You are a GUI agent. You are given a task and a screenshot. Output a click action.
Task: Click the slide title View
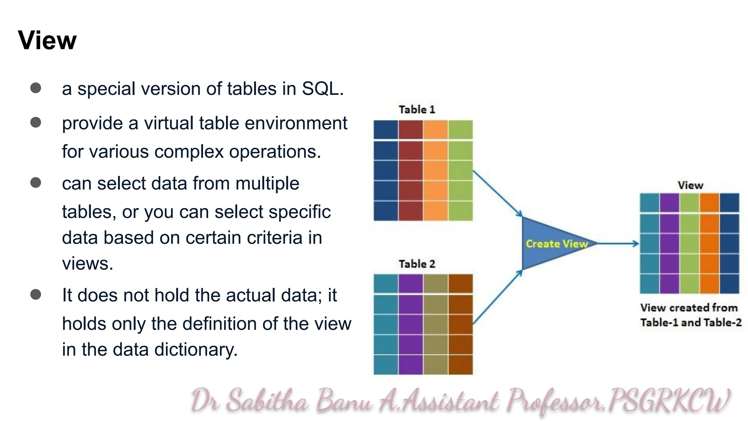point(47,40)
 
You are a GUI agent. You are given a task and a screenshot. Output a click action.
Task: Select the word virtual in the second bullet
point(169,123)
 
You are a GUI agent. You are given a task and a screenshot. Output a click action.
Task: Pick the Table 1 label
point(417,110)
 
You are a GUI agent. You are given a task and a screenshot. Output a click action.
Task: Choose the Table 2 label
point(417,264)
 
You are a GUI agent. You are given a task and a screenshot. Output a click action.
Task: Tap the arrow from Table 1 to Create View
point(497,194)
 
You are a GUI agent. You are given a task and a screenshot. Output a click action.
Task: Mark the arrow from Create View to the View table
point(618,243)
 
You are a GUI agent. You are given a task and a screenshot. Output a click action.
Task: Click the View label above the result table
point(690,185)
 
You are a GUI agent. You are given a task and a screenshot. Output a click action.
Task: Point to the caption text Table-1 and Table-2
point(691,323)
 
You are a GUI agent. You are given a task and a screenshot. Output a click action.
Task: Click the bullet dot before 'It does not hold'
point(36,295)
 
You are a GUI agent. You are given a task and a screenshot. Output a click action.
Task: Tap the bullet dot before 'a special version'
point(36,88)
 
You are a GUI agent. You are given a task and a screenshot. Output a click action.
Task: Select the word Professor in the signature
point(555,401)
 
